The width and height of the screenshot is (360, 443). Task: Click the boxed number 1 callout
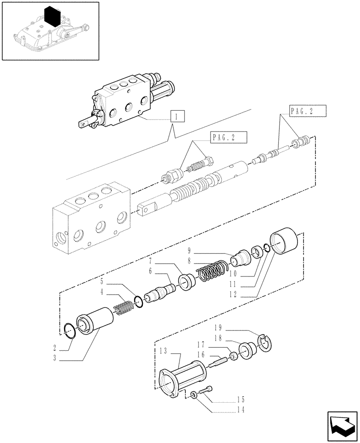tap(176, 117)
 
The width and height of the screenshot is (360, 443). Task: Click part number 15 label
tap(241, 399)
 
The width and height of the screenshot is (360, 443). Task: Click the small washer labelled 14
tap(194, 394)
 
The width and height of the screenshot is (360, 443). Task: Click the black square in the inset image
tap(52, 17)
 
